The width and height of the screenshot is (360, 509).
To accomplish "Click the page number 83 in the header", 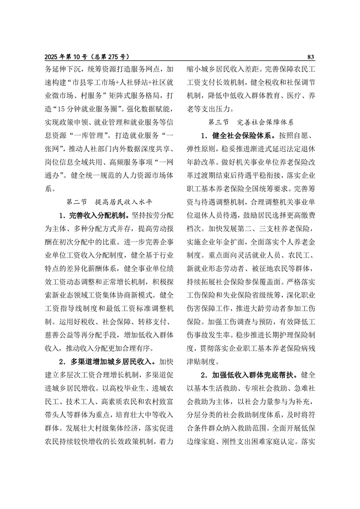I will (311, 57).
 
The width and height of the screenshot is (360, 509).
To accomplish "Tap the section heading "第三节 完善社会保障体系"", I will (251, 122).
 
